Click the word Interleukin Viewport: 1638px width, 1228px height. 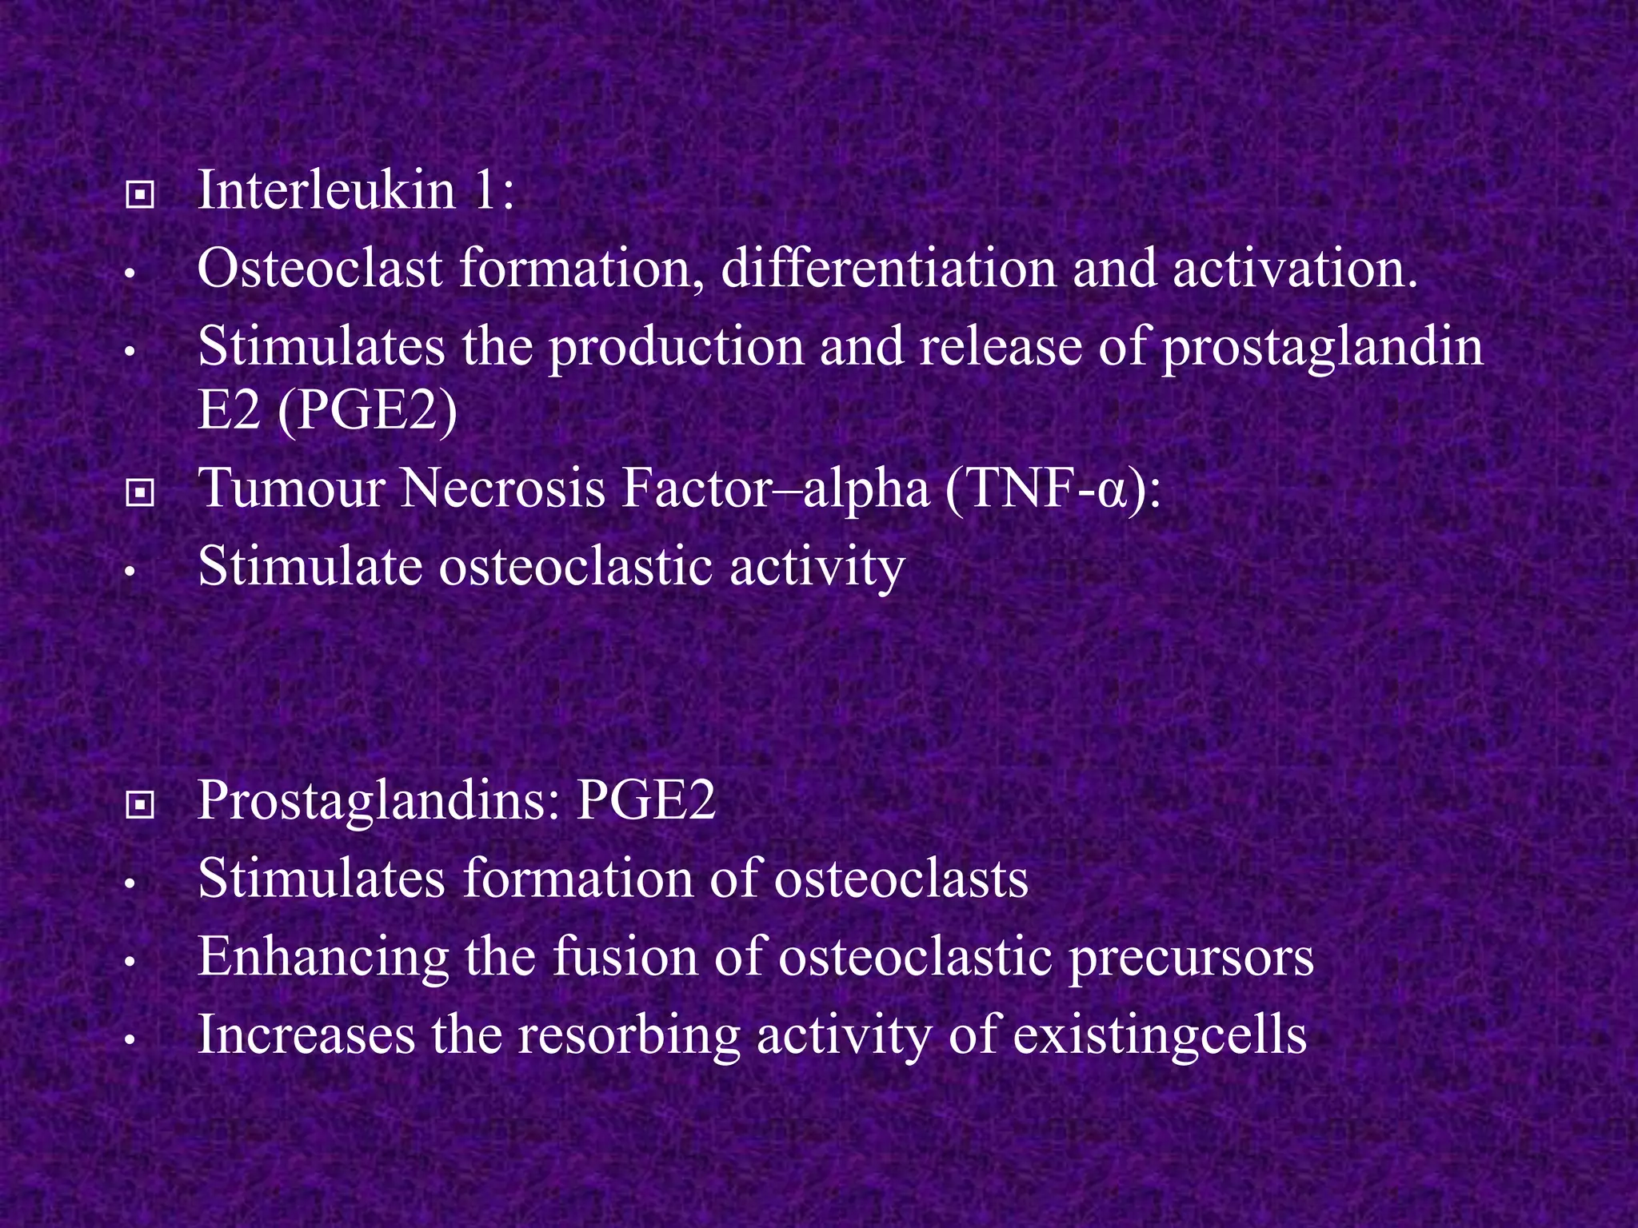(326, 191)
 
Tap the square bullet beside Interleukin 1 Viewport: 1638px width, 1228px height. (140, 194)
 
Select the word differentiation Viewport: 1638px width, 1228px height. (888, 269)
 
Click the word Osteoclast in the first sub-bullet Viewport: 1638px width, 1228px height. (319, 269)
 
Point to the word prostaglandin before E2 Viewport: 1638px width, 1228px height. (1322, 347)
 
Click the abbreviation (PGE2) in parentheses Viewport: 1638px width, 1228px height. (368, 410)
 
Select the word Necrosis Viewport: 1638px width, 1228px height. (502, 488)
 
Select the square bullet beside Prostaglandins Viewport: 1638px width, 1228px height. (140, 806)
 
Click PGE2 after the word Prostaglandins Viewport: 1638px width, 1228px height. (645, 799)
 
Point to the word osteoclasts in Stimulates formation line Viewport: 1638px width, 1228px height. (901, 878)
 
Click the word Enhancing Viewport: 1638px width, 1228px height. (323, 957)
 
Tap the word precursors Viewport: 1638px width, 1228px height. (1191, 957)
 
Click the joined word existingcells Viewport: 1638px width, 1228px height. (1160, 1035)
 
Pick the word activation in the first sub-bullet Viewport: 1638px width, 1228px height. (1295, 269)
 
